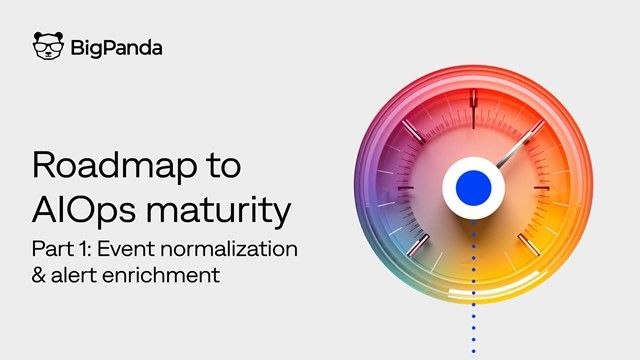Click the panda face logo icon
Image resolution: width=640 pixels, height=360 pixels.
click(47, 47)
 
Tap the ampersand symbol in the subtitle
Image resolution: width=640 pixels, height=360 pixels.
click(40, 275)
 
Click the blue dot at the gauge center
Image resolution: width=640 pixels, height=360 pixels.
click(471, 187)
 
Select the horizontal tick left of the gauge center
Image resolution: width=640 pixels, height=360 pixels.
click(400, 187)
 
